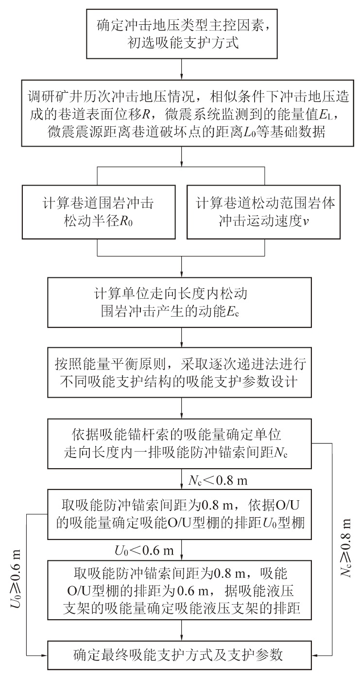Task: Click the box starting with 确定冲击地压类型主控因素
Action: click(x=182, y=30)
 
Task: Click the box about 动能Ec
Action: click(x=182, y=303)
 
